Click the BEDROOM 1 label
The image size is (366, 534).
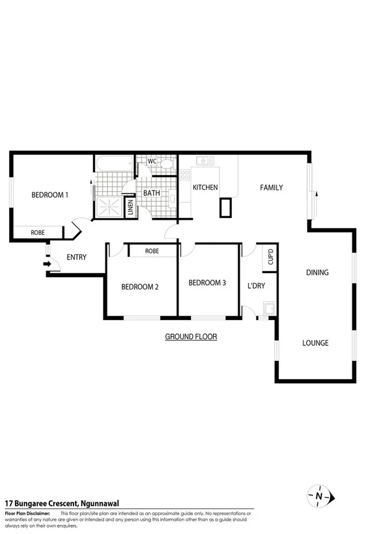pyautogui.click(x=50, y=194)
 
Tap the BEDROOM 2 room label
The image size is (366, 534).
pyautogui.click(x=140, y=287)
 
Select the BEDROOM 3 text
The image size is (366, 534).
pyautogui.click(x=207, y=282)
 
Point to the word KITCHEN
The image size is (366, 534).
pyautogui.click(x=205, y=187)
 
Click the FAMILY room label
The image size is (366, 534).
pyautogui.click(x=272, y=187)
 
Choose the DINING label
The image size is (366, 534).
pyautogui.click(x=317, y=273)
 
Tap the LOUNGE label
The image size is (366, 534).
pyautogui.click(x=316, y=343)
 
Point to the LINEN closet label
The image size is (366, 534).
pyautogui.click(x=131, y=208)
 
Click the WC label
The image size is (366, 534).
pyautogui.click(x=152, y=161)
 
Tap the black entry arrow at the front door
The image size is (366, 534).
pyautogui.click(x=47, y=264)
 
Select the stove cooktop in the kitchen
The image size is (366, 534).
pyautogui.click(x=185, y=174)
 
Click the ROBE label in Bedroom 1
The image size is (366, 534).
pyautogui.click(x=38, y=232)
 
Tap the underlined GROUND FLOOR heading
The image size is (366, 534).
pyautogui.click(x=191, y=337)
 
